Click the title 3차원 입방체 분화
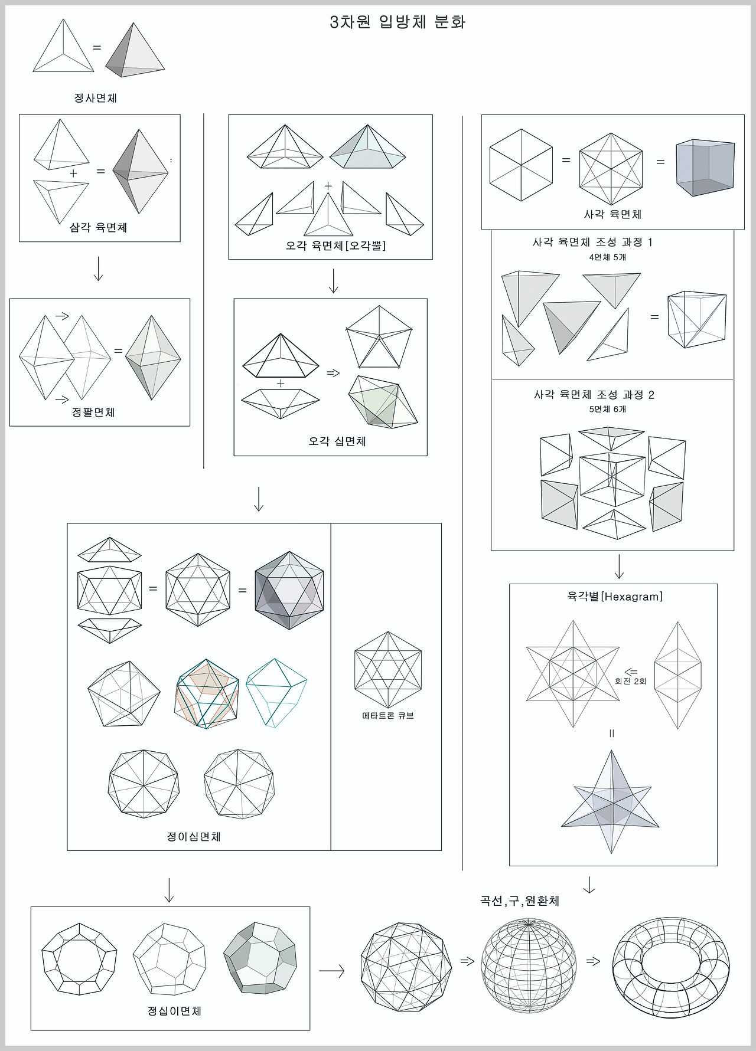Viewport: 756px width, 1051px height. point(397,22)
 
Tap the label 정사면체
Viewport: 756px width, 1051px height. point(95,98)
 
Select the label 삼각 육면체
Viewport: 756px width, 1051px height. point(98,228)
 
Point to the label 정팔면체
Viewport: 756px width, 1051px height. point(93,412)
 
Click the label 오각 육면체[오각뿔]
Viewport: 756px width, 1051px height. point(335,245)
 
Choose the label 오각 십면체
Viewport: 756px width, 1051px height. point(337,441)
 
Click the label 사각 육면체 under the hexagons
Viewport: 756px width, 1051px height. point(612,215)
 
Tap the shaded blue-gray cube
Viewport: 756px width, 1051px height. point(705,168)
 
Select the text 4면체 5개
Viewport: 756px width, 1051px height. point(607,257)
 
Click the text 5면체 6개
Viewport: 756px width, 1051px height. point(607,409)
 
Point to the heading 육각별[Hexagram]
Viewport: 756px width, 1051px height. point(614,597)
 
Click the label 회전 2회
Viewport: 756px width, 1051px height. point(630,681)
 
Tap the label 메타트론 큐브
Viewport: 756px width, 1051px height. point(387,716)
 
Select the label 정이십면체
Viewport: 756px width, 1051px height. point(194,837)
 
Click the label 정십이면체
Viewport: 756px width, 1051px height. point(174,1011)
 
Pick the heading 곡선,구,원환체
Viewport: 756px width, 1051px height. point(519,901)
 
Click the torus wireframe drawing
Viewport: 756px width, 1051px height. point(671,967)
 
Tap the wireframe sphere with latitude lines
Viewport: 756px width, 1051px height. point(528,965)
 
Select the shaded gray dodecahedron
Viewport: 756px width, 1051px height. point(260,958)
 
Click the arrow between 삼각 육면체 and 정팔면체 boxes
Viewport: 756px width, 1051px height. point(99,269)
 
